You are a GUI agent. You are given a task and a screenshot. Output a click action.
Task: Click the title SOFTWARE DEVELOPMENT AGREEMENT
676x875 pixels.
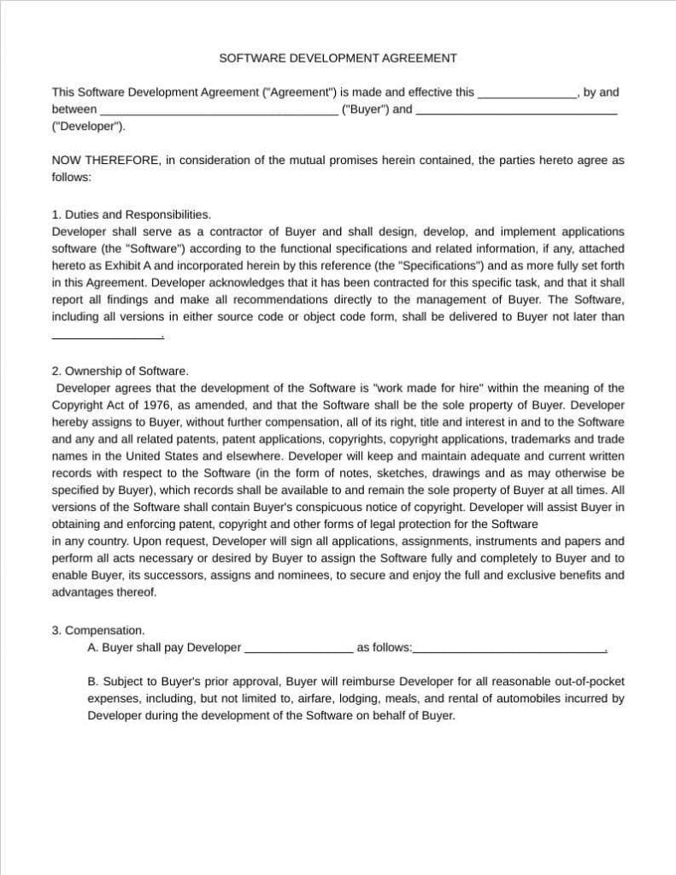(x=338, y=58)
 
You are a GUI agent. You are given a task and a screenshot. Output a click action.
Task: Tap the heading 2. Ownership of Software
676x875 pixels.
(x=120, y=371)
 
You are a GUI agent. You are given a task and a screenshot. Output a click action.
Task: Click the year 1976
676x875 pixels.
(x=156, y=404)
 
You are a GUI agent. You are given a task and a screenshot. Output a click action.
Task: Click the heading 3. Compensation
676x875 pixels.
(x=98, y=631)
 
